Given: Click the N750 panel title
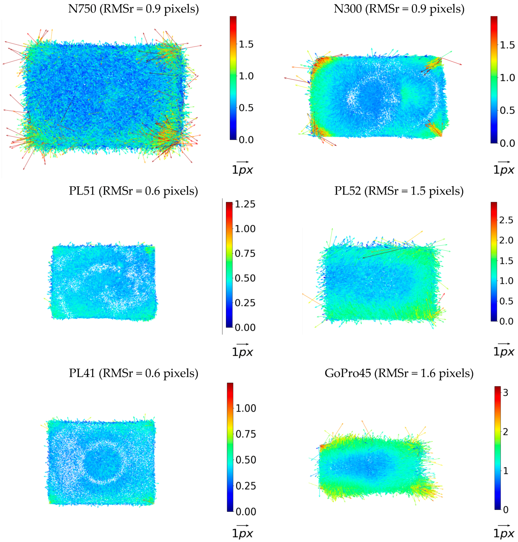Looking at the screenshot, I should coord(133,9).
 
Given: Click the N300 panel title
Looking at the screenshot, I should coord(399,9).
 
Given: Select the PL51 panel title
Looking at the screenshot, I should coord(133,191).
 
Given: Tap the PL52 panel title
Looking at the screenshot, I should coord(399,191).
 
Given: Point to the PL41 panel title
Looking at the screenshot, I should coord(133,373).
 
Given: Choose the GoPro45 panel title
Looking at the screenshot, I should coord(399,373).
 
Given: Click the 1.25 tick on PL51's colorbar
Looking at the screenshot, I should coord(245,204).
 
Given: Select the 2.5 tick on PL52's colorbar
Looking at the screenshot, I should coord(506,220).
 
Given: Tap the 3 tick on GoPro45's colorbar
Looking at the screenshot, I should coord(505,393).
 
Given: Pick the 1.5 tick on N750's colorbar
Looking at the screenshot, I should coord(246,44).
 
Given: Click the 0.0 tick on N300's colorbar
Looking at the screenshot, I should coord(507,143).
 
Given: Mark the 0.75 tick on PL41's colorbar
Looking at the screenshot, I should coord(245,434).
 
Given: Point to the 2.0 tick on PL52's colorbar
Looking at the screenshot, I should coord(506,240).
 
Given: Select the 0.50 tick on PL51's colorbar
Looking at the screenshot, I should coord(245,278).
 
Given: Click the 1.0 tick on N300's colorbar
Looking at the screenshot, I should coord(507,78).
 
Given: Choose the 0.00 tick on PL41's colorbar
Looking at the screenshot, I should coord(245,512).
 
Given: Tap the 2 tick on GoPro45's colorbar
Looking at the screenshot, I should coord(505,432).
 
